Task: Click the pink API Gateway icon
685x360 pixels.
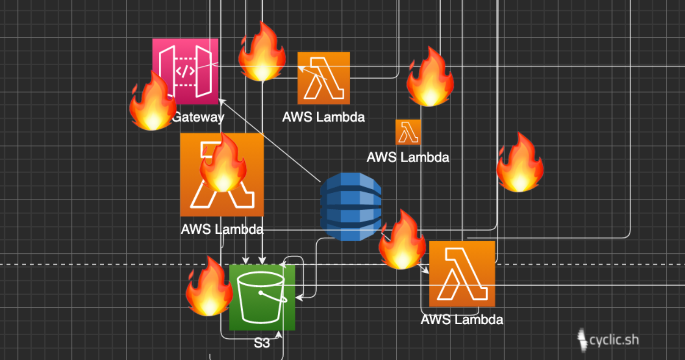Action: pyautogui.click(x=185, y=71)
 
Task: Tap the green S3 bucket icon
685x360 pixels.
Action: pyautogui.click(x=262, y=297)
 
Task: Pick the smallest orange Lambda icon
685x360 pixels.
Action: pyautogui.click(x=408, y=132)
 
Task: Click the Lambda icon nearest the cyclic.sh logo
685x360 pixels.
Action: pyautogui.click(x=462, y=274)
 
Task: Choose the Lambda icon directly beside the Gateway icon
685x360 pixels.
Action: pyautogui.click(x=324, y=78)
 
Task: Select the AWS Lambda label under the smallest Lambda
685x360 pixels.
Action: pyautogui.click(x=408, y=157)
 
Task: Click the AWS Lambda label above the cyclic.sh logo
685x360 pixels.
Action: pyautogui.click(x=462, y=319)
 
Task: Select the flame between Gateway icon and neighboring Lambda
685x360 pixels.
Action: pyautogui.click(x=261, y=53)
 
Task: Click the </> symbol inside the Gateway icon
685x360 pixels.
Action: pyautogui.click(x=185, y=72)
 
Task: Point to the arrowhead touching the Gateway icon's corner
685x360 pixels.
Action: pyautogui.click(x=221, y=101)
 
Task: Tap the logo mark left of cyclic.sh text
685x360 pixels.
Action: pyautogui.click(x=582, y=340)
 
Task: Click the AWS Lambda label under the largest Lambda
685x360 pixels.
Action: pyautogui.click(x=222, y=229)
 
